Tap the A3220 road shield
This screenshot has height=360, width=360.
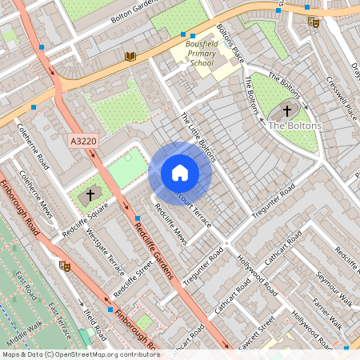click(x=83, y=141)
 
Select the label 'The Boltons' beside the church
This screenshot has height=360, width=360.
click(x=295, y=126)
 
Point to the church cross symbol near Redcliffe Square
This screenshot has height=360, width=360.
click(x=90, y=194)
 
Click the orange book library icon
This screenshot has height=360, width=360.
click(x=130, y=56)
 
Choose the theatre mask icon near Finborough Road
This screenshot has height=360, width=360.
click(x=64, y=265)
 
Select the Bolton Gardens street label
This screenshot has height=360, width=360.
click(x=133, y=10)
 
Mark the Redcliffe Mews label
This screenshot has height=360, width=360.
click(x=170, y=226)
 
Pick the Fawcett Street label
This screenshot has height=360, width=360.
click(x=256, y=328)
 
